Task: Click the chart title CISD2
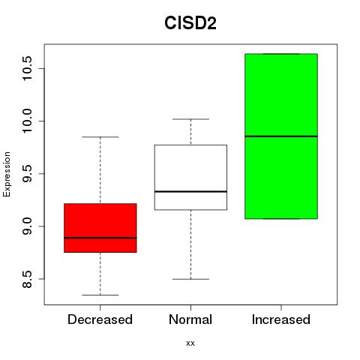click(190, 23)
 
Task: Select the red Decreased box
click(100, 228)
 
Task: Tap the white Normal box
click(190, 177)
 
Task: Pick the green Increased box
click(281, 136)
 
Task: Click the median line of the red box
click(100, 238)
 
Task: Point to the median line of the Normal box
click(190, 191)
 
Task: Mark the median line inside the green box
click(281, 136)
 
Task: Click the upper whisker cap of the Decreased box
click(100, 137)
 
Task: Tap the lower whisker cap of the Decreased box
click(100, 295)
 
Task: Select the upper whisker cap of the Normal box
click(190, 119)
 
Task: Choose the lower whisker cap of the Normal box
click(190, 279)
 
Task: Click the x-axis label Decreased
click(100, 319)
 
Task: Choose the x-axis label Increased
click(281, 319)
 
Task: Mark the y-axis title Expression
click(7, 174)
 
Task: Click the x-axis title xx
click(190, 343)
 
